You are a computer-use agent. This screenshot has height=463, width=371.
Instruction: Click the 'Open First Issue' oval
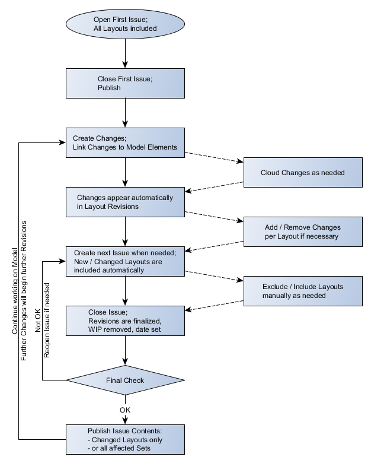pos(124,24)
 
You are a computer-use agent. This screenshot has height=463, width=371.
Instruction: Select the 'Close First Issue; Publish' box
pos(124,83)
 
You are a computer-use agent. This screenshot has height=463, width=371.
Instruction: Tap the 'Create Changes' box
pos(124,142)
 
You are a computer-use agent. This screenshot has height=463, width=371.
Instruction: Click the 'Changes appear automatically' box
pos(124,202)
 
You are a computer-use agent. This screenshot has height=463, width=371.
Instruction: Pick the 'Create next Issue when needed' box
pos(124,261)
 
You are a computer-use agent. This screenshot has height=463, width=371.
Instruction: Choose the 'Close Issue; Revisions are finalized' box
pos(124,321)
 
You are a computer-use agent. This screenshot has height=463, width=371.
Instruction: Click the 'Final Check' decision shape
pos(124,380)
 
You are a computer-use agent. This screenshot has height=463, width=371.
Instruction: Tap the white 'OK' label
pos(124,410)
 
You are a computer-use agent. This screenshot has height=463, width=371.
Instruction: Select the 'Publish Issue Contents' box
pos(124,439)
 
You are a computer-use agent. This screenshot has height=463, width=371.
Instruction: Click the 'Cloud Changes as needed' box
pos(303,173)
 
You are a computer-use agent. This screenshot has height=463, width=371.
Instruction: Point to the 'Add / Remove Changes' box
pos(303,231)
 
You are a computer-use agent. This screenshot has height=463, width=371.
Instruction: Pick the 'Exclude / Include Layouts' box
pos(303,291)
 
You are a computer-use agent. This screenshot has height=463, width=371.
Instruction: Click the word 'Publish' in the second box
pos(109,88)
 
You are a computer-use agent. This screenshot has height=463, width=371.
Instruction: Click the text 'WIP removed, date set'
pos(120,329)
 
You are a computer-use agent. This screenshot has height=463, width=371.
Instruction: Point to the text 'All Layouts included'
pos(125,28)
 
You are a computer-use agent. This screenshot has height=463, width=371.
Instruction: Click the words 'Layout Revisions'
pos(111,207)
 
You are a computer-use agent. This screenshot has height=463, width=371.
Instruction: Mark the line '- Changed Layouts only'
pos(124,440)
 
